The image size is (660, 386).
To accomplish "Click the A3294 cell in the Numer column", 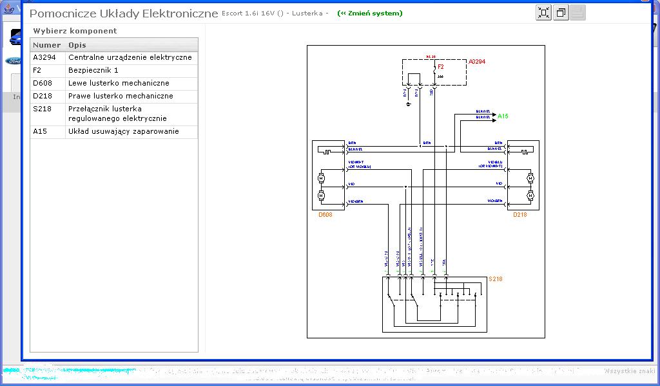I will tap(44, 57).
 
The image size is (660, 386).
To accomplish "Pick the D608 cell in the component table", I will tap(43, 83).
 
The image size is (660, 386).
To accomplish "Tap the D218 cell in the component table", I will tap(43, 96).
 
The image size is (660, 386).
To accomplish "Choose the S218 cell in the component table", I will tap(43, 109).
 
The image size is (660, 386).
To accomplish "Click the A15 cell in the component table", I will tap(40, 131).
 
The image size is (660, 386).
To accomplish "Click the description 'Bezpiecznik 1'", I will tap(93, 70).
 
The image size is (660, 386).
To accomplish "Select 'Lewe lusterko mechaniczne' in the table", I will tap(119, 83).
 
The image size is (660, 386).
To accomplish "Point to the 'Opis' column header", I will tap(77, 45).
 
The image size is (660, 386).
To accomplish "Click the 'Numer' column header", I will tap(47, 45).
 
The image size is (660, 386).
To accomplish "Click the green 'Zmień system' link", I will tap(369, 14).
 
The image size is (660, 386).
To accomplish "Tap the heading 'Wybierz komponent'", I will tap(75, 31).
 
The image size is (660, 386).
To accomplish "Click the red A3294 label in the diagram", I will tap(477, 62).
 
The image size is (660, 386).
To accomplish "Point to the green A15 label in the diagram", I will tap(503, 116).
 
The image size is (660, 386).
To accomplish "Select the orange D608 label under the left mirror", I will tap(326, 215).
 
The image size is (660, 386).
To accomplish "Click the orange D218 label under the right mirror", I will tap(519, 215).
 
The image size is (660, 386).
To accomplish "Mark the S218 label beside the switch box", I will tap(495, 279).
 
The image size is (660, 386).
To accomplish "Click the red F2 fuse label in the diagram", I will tap(441, 66).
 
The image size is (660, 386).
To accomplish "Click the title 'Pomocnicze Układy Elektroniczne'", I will tap(124, 14).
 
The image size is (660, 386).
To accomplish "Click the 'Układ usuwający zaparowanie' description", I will tap(124, 131).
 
